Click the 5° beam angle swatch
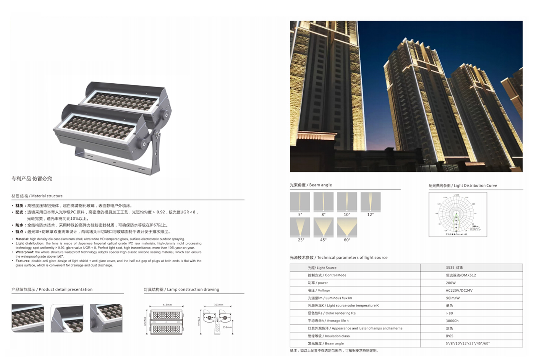pos(300,202)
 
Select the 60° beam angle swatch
pos(347,227)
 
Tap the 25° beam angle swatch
pos(300,227)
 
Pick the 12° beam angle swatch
pos(371,202)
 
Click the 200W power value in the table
pos(451,283)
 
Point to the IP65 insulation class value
pos(449,336)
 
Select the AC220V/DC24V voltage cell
pos(459,290)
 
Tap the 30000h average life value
pos(452,321)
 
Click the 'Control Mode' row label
pos(327,275)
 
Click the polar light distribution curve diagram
pos(458,214)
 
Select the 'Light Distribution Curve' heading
pos(463,186)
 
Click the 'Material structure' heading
pos(37,196)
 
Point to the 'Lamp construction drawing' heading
pos(181,290)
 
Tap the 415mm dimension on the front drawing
pos(167,305)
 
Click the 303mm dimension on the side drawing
pos(219,305)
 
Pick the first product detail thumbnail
pos(28,318)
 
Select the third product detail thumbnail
pos(106,318)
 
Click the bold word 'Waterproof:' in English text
pos(24,252)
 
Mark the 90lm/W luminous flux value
pos(453,298)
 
